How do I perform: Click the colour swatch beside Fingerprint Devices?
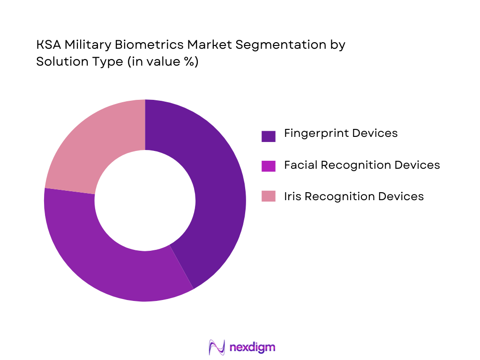[x=269, y=136]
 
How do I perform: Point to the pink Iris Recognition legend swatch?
[x=269, y=196]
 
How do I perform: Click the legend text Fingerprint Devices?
[x=341, y=134]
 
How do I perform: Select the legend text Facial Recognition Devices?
[x=362, y=165]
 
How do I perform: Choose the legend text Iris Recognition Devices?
[x=354, y=196]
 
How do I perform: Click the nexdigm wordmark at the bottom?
[x=253, y=347]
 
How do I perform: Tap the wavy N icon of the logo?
[x=217, y=347]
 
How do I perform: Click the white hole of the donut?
[x=145, y=200]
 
